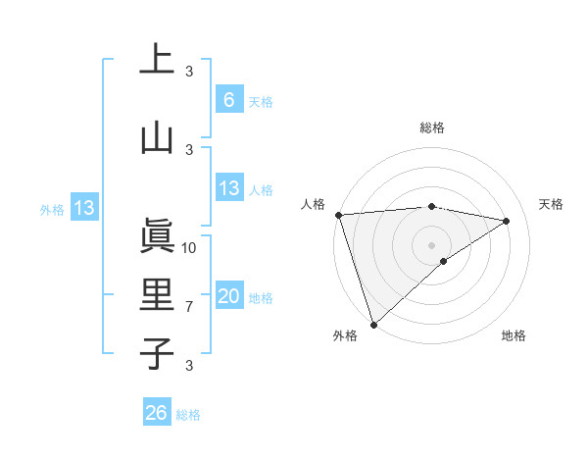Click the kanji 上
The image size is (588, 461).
pos(157,59)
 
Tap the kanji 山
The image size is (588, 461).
pos(157,137)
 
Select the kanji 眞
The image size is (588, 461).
pos(157,236)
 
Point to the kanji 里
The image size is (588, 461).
pos(157,295)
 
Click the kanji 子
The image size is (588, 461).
pos(157,353)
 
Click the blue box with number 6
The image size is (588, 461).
pos(228,99)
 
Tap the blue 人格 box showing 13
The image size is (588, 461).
pos(228,188)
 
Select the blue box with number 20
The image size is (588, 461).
pos(228,296)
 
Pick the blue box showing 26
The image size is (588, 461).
pos(157,413)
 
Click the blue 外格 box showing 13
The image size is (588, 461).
pos(84,208)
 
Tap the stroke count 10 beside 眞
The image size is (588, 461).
pos(190,247)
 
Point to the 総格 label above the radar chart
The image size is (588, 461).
pos(432,128)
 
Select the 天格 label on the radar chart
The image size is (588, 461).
pos(552,204)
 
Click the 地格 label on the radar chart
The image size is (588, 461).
pos(514,336)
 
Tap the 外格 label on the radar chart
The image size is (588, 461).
pos(345,336)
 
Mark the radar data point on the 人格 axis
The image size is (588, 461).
pos(338,215)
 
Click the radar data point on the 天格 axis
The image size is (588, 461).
pos(507,221)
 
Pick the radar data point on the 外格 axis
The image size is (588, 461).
pos(373,324)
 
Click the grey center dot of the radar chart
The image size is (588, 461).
pos(431,244)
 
